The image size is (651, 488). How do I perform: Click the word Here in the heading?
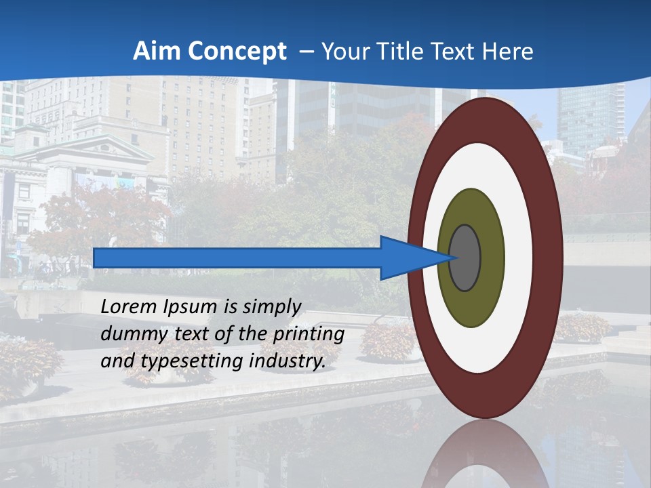pyautogui.click(x=508, y=52)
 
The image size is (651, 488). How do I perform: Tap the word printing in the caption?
pyautogui.click(x=309, y=335)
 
